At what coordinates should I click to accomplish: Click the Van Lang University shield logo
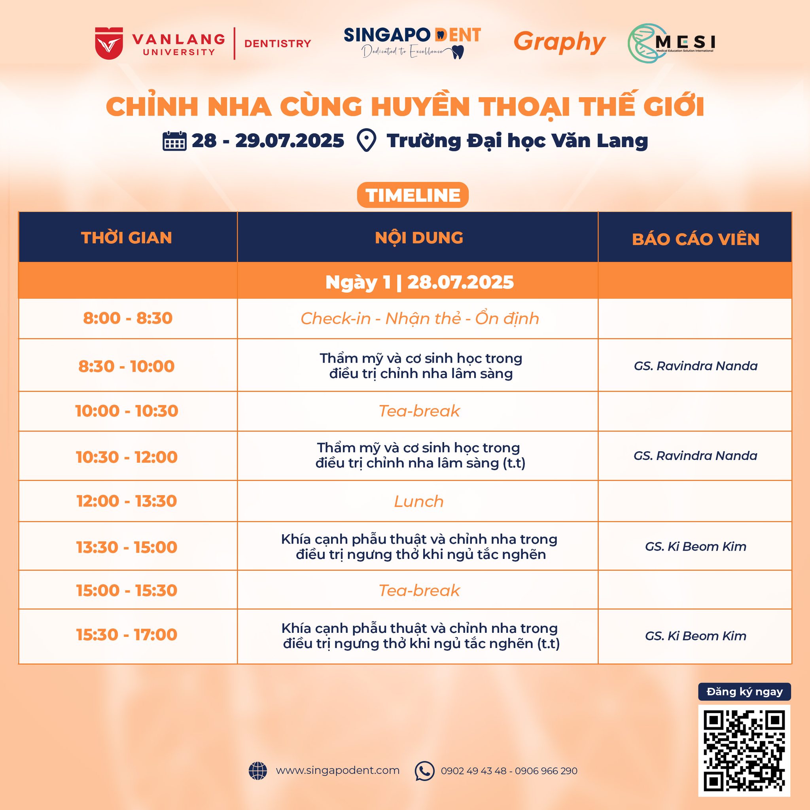click(x=109, y=43)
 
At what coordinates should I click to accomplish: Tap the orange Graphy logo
click(x=559, y=42)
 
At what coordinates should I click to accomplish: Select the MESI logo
click(x=671, y=43)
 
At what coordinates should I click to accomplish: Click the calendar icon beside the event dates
click(x=174, y=141)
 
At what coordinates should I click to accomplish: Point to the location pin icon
click(x=366, y=140)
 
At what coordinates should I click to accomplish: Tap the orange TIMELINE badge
click(x=413, y=195)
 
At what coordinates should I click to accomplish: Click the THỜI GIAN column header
click(x=127, y=238)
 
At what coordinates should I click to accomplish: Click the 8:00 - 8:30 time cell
click(x=128, y=318)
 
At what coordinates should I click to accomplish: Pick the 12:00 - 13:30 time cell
click(x=127, y=501)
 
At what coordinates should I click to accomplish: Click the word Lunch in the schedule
click(x=419, y=502)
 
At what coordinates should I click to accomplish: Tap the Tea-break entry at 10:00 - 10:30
click(x=419, y=411)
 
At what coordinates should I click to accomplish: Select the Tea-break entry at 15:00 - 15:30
click(x=419, y=590)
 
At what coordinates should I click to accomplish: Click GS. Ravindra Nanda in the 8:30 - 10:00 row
click(x=696, y=366)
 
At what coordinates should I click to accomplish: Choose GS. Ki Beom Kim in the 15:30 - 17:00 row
click(x=696, y=636)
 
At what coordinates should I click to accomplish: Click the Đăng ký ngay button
click(x=745, y=692)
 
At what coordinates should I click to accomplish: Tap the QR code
click(x=744, y=750)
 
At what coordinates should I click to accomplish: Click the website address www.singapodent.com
click(x=337, y=770)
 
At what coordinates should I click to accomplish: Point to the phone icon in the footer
click(x=424, y=771)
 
